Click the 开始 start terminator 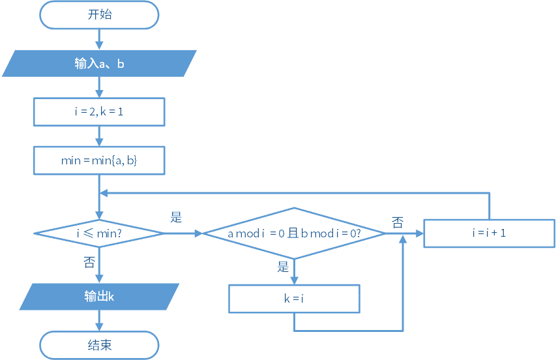(x=99, y=15)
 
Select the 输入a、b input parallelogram (x=99, y=63)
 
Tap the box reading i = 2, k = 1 (x=99, y=112)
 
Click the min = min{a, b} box (x=99, y=160)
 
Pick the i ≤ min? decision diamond (x=99, y=233)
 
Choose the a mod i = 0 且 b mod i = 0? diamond (x=294, y=233)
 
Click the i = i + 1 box (x=490, y=233)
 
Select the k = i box (x=294, y=299)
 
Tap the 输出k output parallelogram (x=99, y=297)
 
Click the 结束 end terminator (x=99, y=345)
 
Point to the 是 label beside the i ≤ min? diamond (x=176, y=217)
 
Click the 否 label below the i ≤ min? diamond (x=89, y=262)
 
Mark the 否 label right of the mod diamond (x=398, y=223)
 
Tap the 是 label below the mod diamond (x=283, y=267)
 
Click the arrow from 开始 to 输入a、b (x=99, y=39)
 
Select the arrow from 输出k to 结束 (x=99, y=321)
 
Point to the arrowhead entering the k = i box (x=294, y=280)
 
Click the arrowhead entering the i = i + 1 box (x=420, y=233)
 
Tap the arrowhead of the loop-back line (x=104, y=193)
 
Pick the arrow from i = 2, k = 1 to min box (x=99, y=136)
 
